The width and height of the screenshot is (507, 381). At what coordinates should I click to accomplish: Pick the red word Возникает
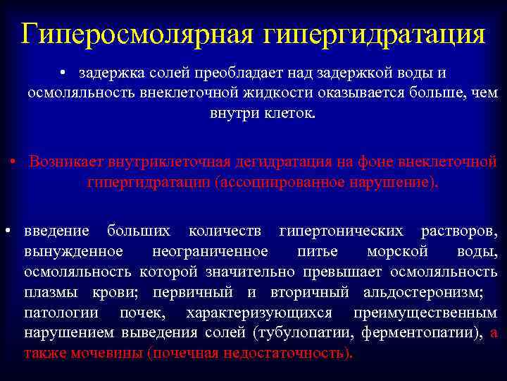pos(67,162)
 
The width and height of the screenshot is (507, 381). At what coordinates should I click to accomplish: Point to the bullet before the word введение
pos(7,231)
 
